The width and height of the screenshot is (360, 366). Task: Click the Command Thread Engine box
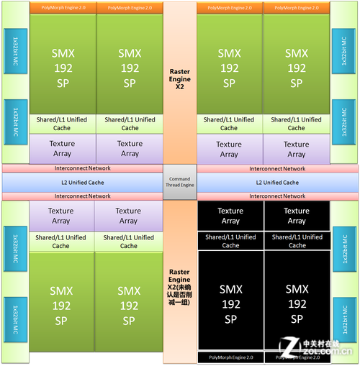tap(179, 183)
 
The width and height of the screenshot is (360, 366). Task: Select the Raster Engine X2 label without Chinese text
tap(179, 78)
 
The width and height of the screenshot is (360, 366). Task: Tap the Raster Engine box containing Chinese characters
tap(179, 287)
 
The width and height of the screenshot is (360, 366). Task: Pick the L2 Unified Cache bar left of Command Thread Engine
tap(83, 183)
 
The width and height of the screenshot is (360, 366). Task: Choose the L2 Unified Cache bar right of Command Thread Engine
tap(277, 183)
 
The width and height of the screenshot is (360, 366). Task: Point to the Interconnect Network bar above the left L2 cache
tap(83, 169)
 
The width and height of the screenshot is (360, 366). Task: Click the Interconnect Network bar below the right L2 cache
tap(277, 196)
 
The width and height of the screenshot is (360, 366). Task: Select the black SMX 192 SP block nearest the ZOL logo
tap(296, 303)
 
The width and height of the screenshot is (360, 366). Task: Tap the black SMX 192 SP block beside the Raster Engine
tap(230, 303)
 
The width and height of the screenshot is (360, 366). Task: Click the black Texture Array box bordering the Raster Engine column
tap(230, 216)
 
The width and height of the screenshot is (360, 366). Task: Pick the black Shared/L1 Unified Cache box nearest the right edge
tap(296, 241)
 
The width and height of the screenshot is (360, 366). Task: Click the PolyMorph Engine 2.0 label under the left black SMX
tap(230, 357)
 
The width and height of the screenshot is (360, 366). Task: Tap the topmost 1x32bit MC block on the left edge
tap(15, 50)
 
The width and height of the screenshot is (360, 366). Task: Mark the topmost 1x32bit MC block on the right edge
tap(343, 50)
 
